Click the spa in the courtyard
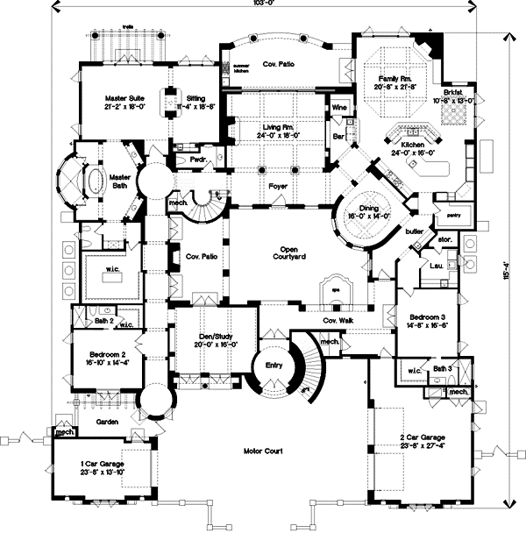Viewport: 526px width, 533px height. [x=335, y=291]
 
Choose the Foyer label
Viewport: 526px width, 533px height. [x=278, y=185]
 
